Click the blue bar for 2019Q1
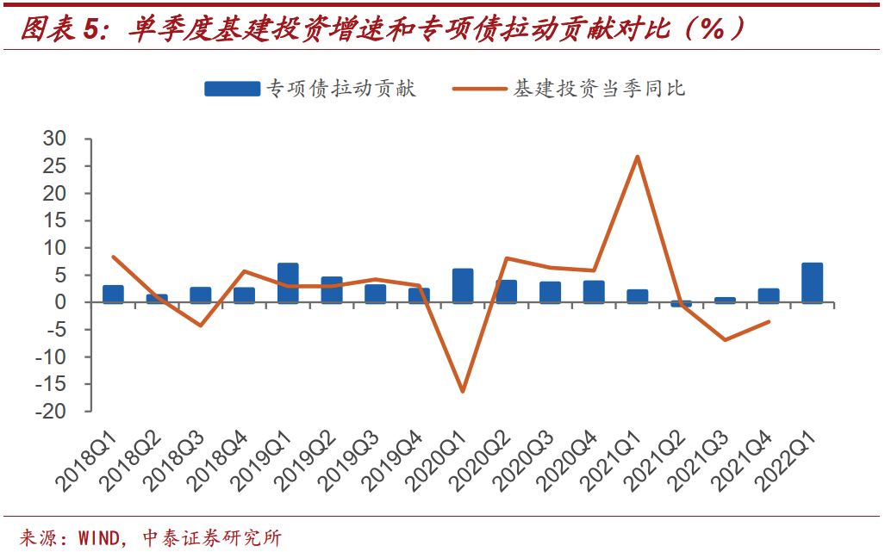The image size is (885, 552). pyautogui.click(x=288, y=283)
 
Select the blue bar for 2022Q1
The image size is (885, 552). pyautogui.click(x=812, y=283)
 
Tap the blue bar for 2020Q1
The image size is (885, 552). pyautogui.click(x=463, y=286)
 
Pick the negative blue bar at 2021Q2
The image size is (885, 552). pyautogui.click(x=681, y=304)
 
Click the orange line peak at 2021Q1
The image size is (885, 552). pyautogui.click(x=637, y=157)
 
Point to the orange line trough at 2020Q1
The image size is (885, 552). pyautogui.click(x=463, y=391)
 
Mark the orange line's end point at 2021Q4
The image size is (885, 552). pyautogui.click(x=768, y=322)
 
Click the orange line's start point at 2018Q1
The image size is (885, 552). pyautogui.click(x=113, y=257)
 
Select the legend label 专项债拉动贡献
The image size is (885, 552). pyautogui.click(x=341, y=89)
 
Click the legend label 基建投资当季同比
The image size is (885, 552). pyautogui.click(x=600, y=89)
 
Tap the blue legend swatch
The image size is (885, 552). pyautogui.click(x=232, y=89)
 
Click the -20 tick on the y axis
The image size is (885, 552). pyautogui.click(x=51, y=412)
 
